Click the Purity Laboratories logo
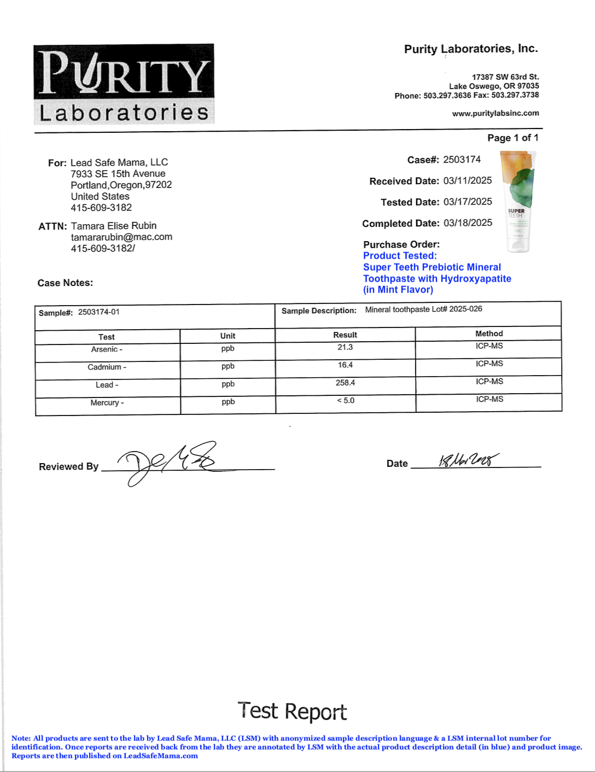pyautogui.click(x=124, y=84)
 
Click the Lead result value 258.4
pyautogui.click(x=345, y=383)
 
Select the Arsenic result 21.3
pyautogui.click(x=345, y=347)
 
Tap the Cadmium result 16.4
pyautogui.click(x=345, y=365)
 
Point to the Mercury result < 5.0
pyautogui.click(x=346, y=400)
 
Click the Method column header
pyautogui.click(x=489, y=334)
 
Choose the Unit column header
pyautogui.click(x=227, y=336)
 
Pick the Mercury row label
pyautogui.click(x=107, y=402)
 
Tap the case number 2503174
pyautogui.click(x=462, y=160)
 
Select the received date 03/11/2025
pyautogui.click(x=468, y=180)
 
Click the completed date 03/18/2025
pyautogui.click(x=468, y=223)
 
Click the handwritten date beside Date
pyautogui.click(x=468, y=460)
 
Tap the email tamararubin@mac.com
pyautogui.click(x=121, y=237)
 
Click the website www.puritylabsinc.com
pyautogui.click(x=495, y=113)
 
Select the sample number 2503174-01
pyautogui.click(x=98, y=312)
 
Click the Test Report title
pyautogui.click(x=292, y=711)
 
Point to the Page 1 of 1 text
pyautogui.click(x=512, y=138)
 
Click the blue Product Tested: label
pyautogui.click(x=400, y=255)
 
